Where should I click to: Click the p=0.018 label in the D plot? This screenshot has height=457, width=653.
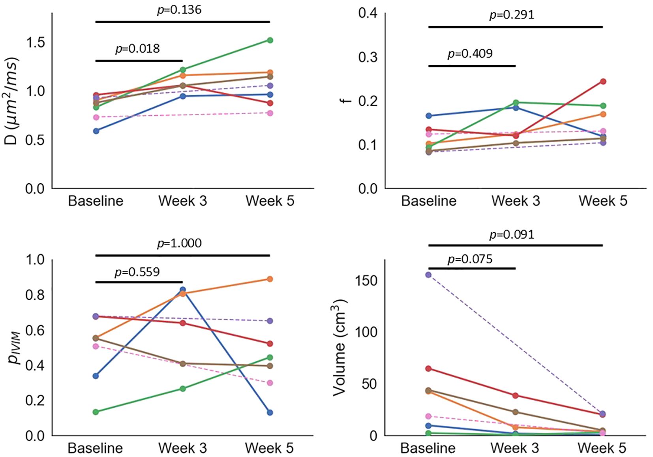pos(137,49)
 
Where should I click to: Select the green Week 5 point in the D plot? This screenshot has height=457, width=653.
pos(270,40)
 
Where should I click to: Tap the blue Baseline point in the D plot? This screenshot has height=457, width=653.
pos(96,131)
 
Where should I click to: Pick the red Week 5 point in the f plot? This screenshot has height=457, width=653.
pos(603,82)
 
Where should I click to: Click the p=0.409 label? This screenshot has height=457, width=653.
pos(470,53)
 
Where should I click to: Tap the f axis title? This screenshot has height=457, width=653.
pos(347,101)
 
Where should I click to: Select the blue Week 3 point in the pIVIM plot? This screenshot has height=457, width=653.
pos(183,290)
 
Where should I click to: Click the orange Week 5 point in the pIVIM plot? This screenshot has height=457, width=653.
pos(270,279)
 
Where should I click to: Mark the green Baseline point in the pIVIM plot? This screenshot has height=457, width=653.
pos(96,412)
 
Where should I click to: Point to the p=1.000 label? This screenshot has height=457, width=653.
pos(179,243)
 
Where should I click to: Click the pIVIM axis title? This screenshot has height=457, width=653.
pos(15,348)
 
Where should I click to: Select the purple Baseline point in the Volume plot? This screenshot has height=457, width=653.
pos(428,275)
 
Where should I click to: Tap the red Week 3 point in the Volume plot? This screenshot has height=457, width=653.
pos(515,395)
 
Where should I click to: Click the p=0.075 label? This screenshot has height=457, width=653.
pos(470,259)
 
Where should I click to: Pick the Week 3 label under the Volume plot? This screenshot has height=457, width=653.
pos(515,448)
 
